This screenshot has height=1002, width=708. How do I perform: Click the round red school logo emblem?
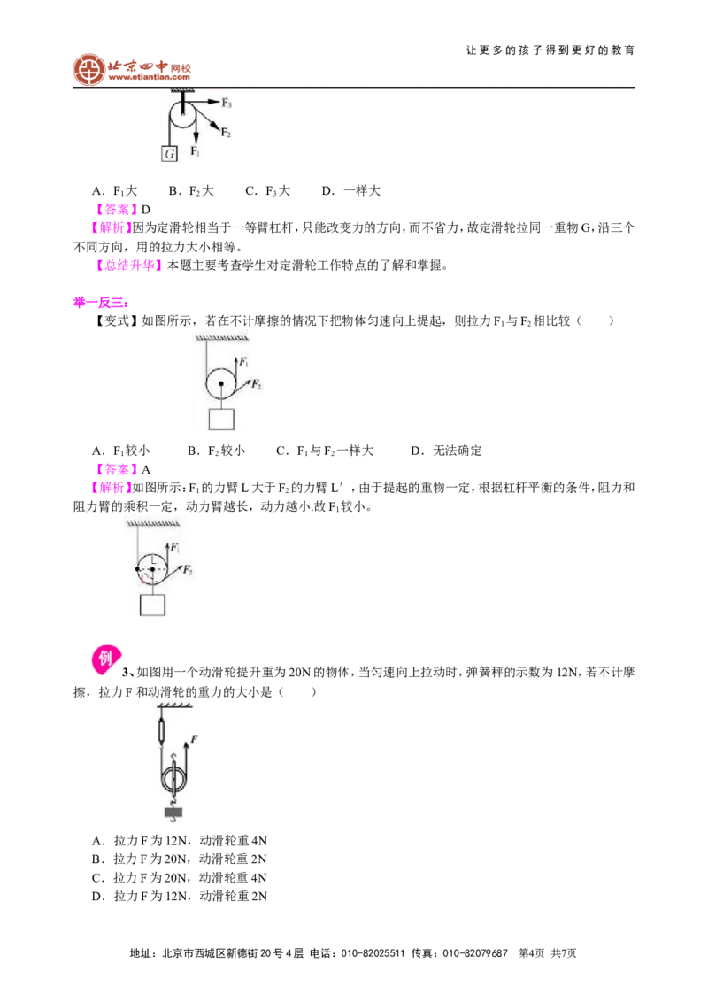pos(88,69)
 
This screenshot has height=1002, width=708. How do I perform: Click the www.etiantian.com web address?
pos(149,78)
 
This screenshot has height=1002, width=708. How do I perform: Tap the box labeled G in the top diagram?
pos(169,153)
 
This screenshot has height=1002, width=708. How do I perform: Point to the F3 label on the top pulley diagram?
pos(227,103)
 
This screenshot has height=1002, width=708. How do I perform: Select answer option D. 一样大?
pos(350,190)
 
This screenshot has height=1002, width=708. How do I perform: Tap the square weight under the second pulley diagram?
pos(221,420)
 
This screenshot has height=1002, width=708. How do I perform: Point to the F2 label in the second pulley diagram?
pos(257,384)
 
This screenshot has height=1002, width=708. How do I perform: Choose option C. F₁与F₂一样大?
pos(325,451)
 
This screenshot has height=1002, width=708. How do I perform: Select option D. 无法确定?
pos(446,451)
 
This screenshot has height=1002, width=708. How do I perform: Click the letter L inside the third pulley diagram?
pos(153,560)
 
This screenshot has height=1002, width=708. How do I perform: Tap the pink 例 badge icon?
pos(106,659)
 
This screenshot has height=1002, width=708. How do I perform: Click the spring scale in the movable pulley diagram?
pos(162,729)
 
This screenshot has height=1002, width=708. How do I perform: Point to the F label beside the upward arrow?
pos(194,739)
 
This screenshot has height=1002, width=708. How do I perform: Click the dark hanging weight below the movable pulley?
pos(173,813)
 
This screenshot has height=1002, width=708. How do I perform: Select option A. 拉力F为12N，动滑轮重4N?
pos(180,840)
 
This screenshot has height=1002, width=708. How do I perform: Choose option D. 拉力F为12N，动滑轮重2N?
pos(180,896)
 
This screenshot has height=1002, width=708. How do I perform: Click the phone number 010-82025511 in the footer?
pos(373,952)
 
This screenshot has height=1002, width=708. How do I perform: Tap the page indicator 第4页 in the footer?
pos(532,952)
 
